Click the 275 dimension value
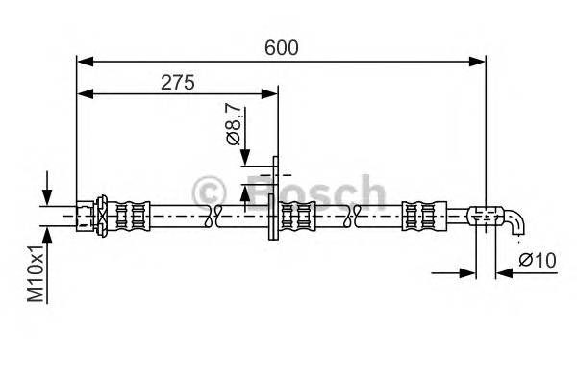[177, 83]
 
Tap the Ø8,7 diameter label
[234, 125]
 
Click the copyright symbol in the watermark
[209, 192]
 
